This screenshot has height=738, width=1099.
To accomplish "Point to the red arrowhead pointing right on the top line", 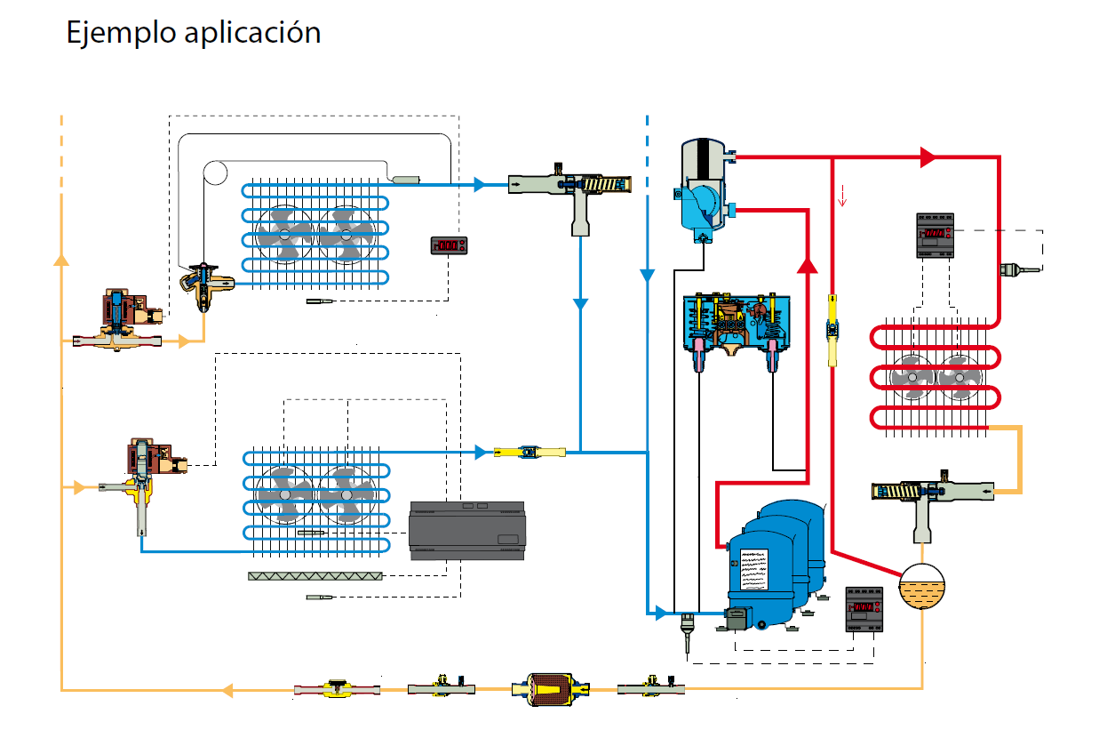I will (928, 158).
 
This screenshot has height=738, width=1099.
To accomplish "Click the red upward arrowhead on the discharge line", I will (807, 264).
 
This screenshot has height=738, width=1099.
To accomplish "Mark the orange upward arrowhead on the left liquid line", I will (60, 259).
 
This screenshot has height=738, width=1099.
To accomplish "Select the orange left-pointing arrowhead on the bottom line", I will (227, 689).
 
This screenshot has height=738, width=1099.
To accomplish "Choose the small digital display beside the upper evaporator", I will (449, 245).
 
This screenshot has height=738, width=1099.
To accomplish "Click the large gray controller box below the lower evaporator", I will (466, 530).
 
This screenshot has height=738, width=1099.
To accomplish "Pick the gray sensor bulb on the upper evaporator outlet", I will (407, 180).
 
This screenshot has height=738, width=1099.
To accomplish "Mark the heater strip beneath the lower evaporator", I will (315, 576).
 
